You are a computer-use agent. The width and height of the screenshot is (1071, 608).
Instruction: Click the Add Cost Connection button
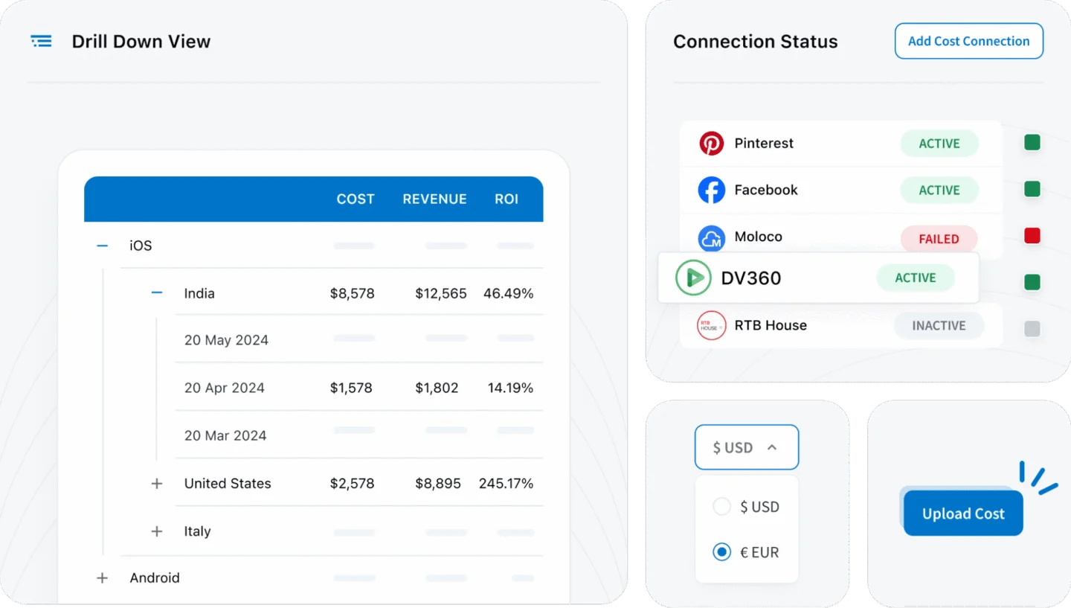pos(968,41)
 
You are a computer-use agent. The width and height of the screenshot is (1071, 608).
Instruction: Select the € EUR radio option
pos(721,552)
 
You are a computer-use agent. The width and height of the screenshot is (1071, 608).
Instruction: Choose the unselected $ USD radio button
pos(721,507)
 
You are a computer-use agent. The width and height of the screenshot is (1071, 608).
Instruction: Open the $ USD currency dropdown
pos(746,447)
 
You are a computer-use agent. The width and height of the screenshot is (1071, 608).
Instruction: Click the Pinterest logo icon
pos(711,143)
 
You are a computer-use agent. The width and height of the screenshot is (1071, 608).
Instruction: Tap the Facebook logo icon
pos(711,190)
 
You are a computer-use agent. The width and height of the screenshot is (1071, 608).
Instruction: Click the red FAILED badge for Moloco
pos(939,239)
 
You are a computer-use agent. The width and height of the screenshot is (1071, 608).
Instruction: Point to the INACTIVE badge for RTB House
pos(939,325)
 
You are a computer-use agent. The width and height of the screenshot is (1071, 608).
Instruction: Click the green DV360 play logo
pos(693,278)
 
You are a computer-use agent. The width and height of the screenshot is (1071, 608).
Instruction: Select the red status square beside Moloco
pos(1032,237)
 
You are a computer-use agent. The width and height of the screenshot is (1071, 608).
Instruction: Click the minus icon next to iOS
pos(103,246)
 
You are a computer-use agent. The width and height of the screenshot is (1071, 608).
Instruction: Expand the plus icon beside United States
pos(157,484)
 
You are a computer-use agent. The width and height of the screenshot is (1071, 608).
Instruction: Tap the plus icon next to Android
pos(103,578)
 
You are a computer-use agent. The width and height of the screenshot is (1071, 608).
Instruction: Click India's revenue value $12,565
pos(441,293)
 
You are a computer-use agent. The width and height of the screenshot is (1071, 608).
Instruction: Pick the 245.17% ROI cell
pos(506,484)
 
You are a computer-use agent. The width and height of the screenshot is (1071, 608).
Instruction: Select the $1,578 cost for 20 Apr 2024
pos(351,388)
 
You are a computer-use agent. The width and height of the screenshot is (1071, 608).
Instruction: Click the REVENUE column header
pos(434,199)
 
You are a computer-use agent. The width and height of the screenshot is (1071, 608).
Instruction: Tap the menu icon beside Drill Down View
pos(42,42)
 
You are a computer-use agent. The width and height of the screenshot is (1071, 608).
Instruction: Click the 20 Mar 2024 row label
pos(225,435)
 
